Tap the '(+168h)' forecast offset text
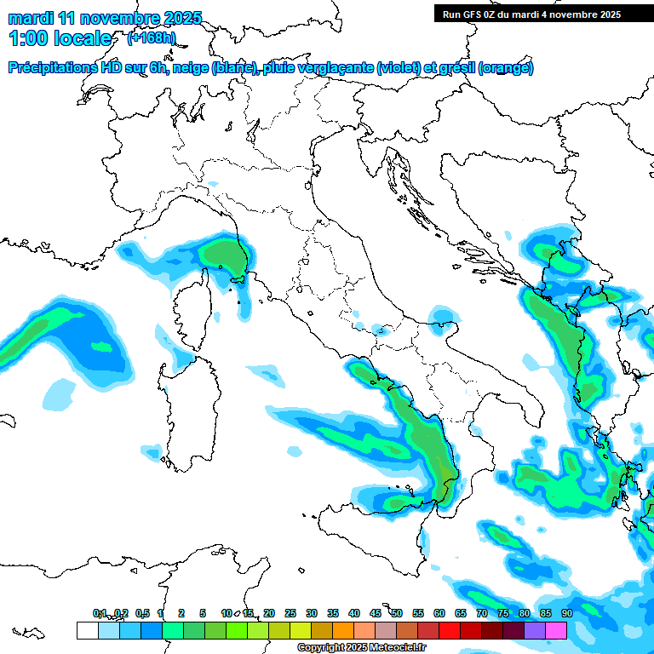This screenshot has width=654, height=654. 152,38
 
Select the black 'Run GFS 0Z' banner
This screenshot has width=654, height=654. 542,14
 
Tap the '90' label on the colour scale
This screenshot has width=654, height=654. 566,613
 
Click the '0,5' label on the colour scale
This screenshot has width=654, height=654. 142,613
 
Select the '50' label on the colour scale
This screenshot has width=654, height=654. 397,613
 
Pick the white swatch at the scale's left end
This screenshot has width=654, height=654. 87,630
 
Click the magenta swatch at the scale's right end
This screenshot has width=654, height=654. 556,630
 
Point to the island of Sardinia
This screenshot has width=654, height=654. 192,417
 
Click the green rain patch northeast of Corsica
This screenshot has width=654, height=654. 223,255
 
